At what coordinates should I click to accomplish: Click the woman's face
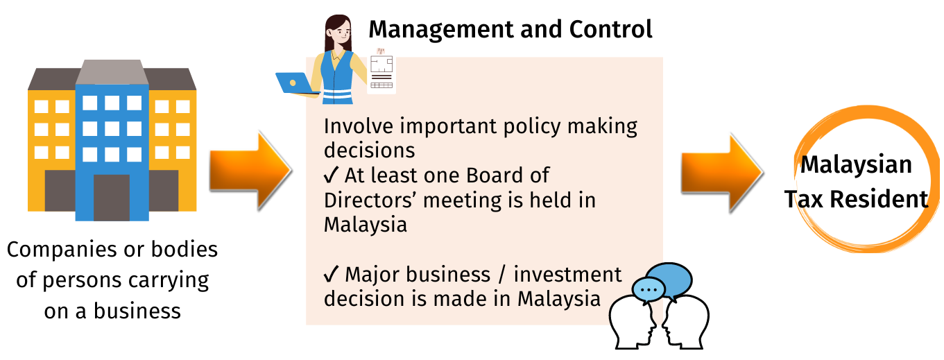[x=341, y=32]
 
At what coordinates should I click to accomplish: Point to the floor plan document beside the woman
[x=381, y=71]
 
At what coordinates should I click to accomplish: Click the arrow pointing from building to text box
[x=250, y=171]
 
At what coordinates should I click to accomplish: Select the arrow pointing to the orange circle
[x=722, y=173]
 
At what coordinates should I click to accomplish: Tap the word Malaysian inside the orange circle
[x=855, y=165]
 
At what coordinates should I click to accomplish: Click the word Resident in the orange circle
[x=879, y=199]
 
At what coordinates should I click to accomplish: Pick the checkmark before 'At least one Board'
[x=332, y=175]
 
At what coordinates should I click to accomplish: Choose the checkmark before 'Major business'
[x=332, y=274]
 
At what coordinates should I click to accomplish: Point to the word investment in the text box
[x=567, y=275]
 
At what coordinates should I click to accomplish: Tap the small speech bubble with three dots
[x=649, y=291]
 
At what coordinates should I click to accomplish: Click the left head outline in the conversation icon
[x=632, y=323]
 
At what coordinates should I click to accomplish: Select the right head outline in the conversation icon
[x=686, y=323]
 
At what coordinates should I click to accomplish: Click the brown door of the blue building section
[x=112, y=198]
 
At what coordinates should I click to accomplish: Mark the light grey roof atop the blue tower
[x=112, y=72]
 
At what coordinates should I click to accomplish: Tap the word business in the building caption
[x=137, y=311]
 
